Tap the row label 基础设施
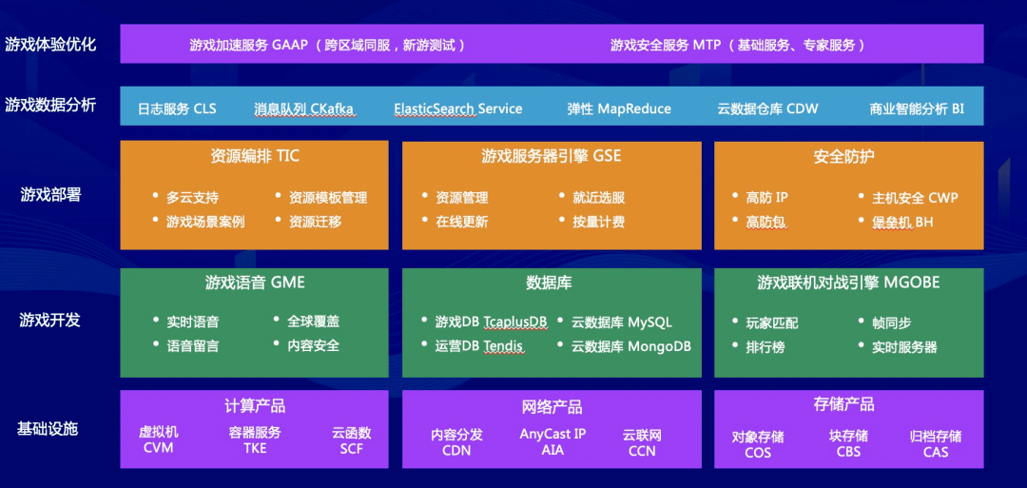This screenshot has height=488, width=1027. pyautogui.click(x=48, y=428)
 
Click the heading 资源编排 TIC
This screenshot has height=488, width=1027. pyautogui.click(x=254, y=156)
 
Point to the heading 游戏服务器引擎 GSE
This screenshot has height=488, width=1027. pyautogui.click(x=552, y=156)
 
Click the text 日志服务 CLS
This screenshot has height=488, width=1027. pyautogui.click(x=177, y=108)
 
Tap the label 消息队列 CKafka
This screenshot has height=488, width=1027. pyautogui.click(x=304, y=108)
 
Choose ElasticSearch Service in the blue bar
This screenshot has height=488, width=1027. pyautogui.click(x=458, y=108)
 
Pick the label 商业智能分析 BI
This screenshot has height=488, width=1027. pyautogui.click(x=917, y=108)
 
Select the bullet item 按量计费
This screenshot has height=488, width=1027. pyautogui.click(x=598, y=222)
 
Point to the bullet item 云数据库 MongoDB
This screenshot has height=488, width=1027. pyautogui.click(x=630, y=346)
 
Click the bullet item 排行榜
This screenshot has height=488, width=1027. pyautogui.click(x=765, y=347)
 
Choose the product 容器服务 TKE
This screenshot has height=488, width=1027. pyautogui.click(x=255, y=440)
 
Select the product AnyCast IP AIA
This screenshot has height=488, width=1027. pyautogui.click(x=552, y=441)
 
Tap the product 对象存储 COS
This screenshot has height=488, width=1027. pyautogui.click(x=758, y=444)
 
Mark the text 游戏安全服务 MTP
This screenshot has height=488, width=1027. pyautogui.click(x=666, y=45)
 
